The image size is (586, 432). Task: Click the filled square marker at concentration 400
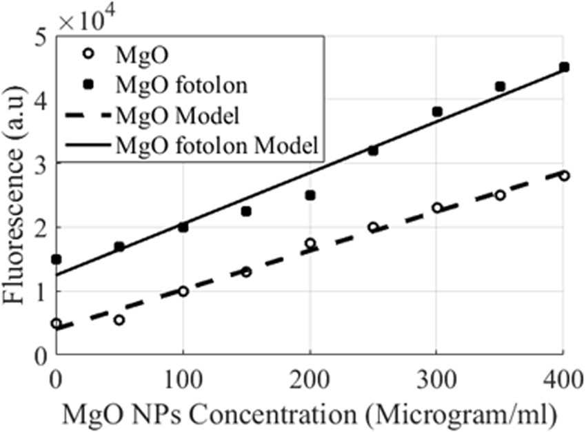[x=564, y=68]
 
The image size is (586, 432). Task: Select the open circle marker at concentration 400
[x=564, y=176]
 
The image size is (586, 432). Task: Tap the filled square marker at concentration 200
[x=310, y=195]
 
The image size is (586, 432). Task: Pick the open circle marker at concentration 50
[x=119, y=320]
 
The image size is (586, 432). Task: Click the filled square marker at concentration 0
[x=57, y=259]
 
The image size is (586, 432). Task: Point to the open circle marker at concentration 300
[x=437, y=207]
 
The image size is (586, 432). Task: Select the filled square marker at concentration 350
[x=501, y=86]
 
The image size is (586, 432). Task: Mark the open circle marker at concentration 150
[x=246, y=271]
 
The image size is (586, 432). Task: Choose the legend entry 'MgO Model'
[x=179, y=114]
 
